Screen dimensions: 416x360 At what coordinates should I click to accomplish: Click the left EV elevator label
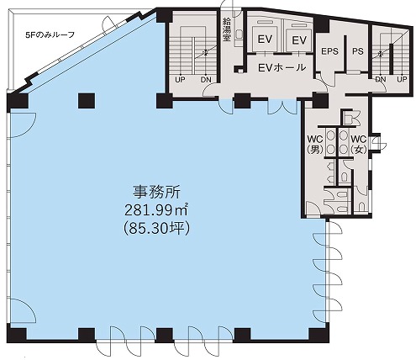click(265, 40)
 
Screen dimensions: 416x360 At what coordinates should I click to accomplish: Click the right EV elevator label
click(299, 40)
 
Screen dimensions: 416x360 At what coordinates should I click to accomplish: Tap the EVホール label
click(282, 67)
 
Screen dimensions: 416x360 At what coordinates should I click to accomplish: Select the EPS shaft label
click(329, 51)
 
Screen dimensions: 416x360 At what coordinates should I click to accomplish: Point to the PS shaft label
click(358, 51)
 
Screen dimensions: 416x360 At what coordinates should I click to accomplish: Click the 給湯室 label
click(226, 29)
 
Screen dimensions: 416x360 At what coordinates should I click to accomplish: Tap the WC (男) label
click(315, 145)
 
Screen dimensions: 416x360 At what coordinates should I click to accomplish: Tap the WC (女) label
click(359, 145)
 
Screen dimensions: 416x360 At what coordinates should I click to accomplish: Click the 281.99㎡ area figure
click(156, 209)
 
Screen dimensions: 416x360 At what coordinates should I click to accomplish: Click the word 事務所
click(156, 193)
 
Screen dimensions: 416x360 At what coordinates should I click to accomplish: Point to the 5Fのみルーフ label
click(50, 35)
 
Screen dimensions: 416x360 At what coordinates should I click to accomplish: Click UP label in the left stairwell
click(180, 80)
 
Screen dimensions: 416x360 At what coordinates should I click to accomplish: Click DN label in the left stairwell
click(206, 80)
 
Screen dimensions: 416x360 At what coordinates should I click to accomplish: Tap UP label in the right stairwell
click(402, 79)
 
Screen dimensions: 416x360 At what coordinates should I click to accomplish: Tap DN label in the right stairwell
click(381, 79)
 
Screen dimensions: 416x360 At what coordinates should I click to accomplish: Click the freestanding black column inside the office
click(87, 101)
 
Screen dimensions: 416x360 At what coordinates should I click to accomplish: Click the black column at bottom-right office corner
click(319, 333)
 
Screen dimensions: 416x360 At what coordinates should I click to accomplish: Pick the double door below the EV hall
click(282, 107)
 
